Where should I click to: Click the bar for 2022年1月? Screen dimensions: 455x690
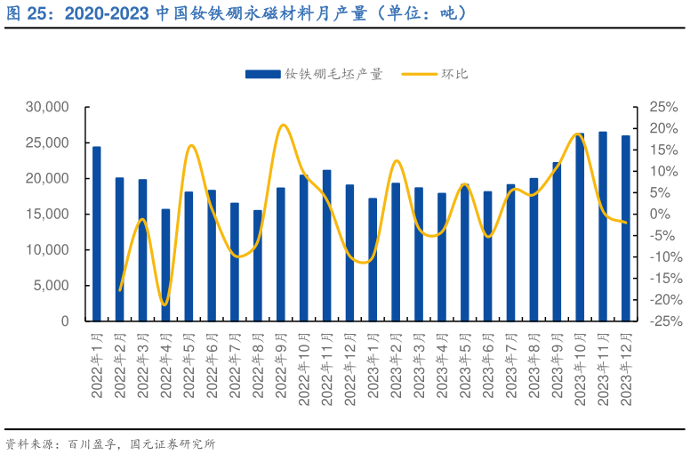(x=97, y=233)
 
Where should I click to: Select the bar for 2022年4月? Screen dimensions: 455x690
(x=165, y=265)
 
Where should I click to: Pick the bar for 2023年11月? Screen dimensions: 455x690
(x=603, y=226)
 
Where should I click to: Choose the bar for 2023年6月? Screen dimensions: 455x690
(x=488, y=256)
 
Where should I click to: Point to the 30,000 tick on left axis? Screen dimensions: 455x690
(x=48, y=107)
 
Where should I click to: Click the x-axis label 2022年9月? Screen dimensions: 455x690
(x=281, y=365)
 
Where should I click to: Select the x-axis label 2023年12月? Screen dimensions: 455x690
(x=626, y=369)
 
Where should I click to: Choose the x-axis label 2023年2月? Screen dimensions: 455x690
(x=396, y=365)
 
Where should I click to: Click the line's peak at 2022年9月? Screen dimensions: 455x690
(x=282, y=125)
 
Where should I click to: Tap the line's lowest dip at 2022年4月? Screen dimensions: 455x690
(x=164, y=305)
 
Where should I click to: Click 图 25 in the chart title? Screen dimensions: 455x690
(x=25, y=14)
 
